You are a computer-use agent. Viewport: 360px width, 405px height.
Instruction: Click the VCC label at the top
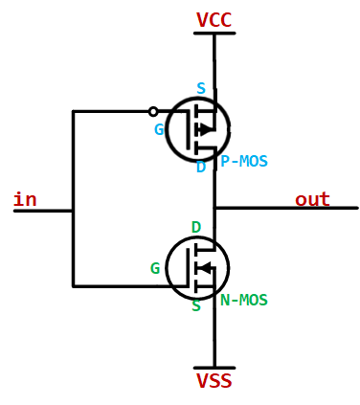click(214, 20)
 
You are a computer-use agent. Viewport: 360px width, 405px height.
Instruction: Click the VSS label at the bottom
click(214, 381)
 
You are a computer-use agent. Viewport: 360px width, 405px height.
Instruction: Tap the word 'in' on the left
click(25, 199)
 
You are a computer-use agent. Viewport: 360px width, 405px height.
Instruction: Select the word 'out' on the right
click(312, 199)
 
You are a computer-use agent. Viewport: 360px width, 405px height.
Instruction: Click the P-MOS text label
click(243, 162)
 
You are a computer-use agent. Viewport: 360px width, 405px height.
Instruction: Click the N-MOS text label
click(243, 300)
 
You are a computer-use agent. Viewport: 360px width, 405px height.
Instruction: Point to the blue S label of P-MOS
click(201, 89)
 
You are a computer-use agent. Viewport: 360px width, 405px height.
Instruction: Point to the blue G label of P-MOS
click(159, 129)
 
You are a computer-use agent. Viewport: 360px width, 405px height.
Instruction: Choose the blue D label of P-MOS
click(201, 167)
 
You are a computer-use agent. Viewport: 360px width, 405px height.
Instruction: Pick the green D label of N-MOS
click(196, 228)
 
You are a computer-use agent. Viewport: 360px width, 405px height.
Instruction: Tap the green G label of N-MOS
click(155, 269)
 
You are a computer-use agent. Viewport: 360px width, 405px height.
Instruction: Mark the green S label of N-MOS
click(196, 306)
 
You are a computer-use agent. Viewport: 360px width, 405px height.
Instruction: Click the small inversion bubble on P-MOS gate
click(153, 111)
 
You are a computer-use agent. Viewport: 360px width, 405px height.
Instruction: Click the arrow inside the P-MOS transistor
click(206, 129)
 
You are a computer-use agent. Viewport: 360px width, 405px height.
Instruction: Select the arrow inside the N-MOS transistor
click(203, 268)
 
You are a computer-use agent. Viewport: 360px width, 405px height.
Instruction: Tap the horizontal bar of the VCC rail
click(214, 34)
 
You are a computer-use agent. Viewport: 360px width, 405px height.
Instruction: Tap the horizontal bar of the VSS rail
click(214, 368)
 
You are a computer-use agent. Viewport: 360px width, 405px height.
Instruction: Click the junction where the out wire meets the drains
click(214, 208)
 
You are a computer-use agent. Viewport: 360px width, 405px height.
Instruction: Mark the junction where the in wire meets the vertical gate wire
click(73, 210)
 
